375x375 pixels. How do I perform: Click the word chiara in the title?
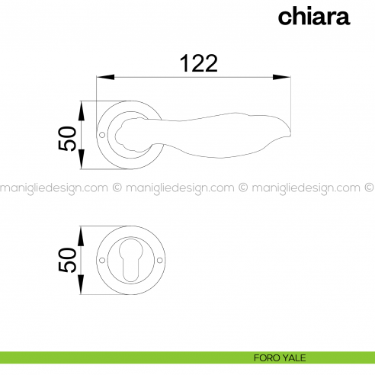(x=314, y=17)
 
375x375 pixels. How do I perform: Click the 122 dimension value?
(x=199, y=63)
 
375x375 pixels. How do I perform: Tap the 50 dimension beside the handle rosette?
(x=67, y=139)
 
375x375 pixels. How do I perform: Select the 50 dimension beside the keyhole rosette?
(x=67, y=260)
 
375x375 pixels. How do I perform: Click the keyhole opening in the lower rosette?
(x=131, y=260)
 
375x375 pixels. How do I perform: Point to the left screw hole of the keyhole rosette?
(x=102, y=260)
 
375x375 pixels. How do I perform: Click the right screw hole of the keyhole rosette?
(x=160, y=260)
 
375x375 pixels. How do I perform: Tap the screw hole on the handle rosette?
(x=102, y=135)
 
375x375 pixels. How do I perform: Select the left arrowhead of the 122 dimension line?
(x=105, y=77)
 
